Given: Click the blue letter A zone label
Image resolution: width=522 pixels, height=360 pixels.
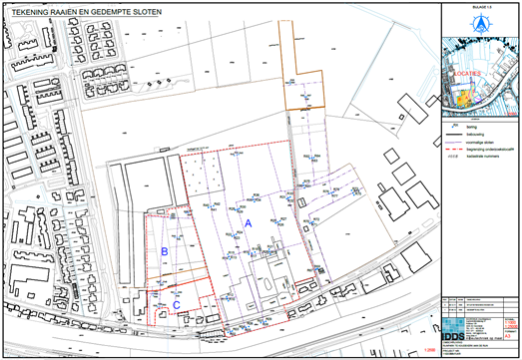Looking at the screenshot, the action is coord(248,226).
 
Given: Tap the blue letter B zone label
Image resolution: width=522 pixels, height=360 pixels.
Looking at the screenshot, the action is coord(164,252).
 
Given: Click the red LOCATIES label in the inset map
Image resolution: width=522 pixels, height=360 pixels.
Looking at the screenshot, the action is coord(468,73).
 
